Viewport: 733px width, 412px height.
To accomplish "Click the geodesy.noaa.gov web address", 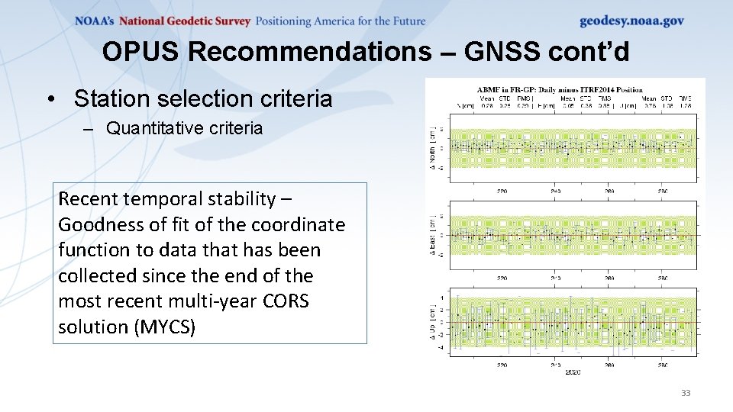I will (x=631, y=21).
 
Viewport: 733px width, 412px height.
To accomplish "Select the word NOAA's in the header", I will (x=95, y=21).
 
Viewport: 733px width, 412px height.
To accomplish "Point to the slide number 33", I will (x=685, y=393).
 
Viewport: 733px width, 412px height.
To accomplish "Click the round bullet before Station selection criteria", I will (x=50, y=99).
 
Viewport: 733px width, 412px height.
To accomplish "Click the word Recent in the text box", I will (x=86, y=199).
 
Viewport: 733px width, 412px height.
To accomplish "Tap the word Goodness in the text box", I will (x=95, y=225).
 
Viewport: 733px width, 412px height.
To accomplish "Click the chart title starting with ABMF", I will (x=560, y=90).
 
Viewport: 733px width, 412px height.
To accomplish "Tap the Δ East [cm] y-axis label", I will (x=434, y=235).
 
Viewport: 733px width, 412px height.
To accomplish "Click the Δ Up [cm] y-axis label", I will (x=434, y=321).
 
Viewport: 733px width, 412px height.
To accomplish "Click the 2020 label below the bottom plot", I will (x=573, y=372).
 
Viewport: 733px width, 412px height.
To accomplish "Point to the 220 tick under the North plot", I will (x=502, y=192).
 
